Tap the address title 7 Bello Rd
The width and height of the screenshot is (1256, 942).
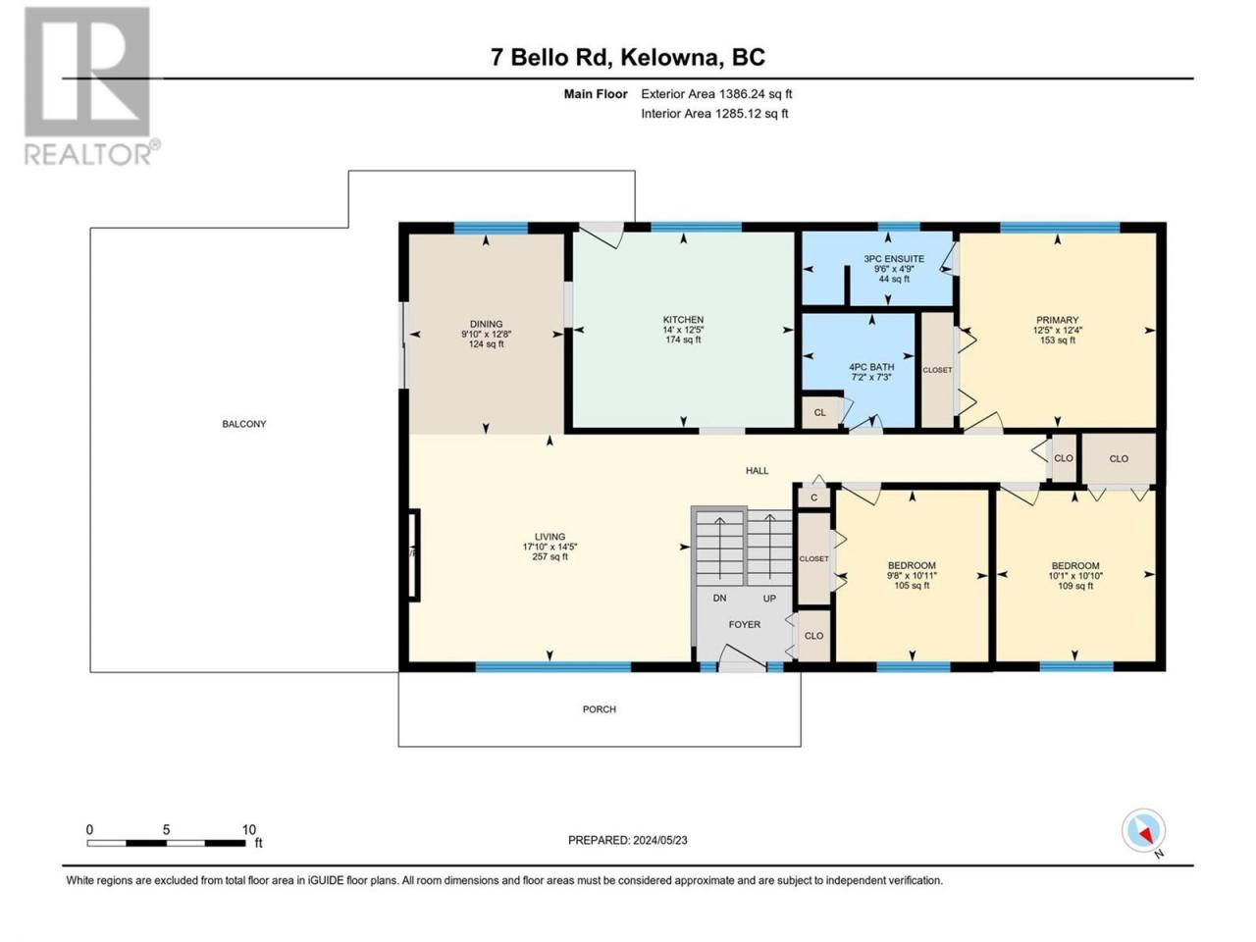tap(551, 58)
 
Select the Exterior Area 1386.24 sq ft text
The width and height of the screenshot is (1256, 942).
tap(716, 94)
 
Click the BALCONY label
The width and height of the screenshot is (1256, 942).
tap(244, 424)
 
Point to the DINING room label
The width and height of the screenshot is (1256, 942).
tap(487, 324)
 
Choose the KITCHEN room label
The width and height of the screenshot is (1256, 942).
tap(683, 320)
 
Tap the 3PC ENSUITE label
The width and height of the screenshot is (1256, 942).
tap(894, 258)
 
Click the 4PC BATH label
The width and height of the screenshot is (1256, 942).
tap(871, 367)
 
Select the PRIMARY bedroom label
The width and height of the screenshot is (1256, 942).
tap(1058, 320)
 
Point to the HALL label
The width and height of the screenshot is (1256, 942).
tap(757, 471)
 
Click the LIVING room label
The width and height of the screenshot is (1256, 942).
tap(549, 537)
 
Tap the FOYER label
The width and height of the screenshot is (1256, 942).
tap(745, 625)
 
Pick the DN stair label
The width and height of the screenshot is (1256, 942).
tap(720, 599)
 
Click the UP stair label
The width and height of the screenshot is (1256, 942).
tap(769, 599)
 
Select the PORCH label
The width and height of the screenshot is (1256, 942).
tap(600, 709)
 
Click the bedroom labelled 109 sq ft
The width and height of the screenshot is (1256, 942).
tap(1075, 575)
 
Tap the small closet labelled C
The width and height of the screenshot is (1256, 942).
tap(813, 497)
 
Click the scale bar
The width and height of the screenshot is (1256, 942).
tap(167, 843)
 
